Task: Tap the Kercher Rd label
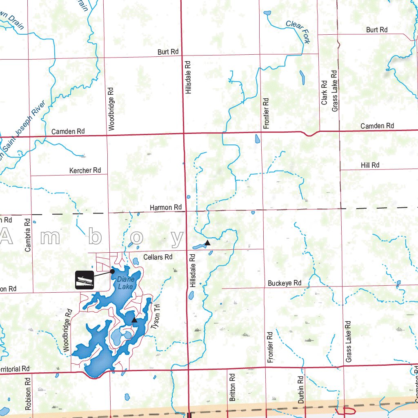pyautogui.click(x=85, y=170)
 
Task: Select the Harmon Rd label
pyautogui.click(x=165, y=207)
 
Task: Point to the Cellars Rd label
pyautogui.click(x=158, y=257)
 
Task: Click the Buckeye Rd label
pyautogui.click(x=285, y=283)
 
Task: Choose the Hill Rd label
pyautogui.click(x=370, y=165)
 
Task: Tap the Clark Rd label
pyautogui.click(x=325, y=92)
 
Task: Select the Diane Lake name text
pyautogui.click(x=125, y=283)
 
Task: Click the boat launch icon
pyautogui.click(x=84, y=280)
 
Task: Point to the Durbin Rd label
pyautogui.click(x=300, y=390)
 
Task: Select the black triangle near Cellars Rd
pyautogui.click(x=207, y=243)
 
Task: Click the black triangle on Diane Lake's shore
pyautogui.click(x=134, y=320)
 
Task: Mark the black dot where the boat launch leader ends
pyautogui.click(x=112, y=270)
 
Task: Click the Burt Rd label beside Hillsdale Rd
pyautogui.click(x=168, y=52)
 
